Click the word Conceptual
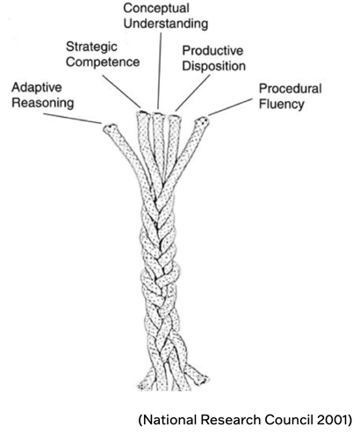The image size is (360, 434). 159,7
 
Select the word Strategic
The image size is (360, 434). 92,46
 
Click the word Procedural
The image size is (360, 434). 291,89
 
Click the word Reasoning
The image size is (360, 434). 41,104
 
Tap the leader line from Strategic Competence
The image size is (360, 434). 124,92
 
